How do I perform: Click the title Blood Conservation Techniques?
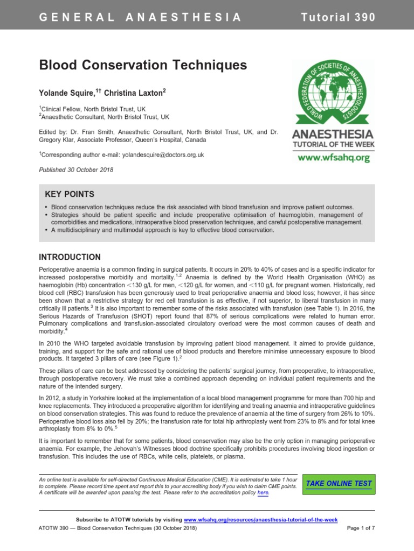[x=143, y=66]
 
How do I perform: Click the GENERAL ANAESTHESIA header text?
[x=140, y=17]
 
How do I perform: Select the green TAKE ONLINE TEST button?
[x=339, y=483]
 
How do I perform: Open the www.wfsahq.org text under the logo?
[x=333, y=158]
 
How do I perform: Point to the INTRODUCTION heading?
[x=70, y=257]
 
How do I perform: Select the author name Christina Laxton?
[x=135, y=93]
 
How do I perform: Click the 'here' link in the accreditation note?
[x=263, y=492]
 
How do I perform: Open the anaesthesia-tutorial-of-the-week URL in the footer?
[x=261, y=519]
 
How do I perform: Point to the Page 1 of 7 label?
[x=360, y=528]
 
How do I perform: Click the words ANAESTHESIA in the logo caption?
[x=332, y=133]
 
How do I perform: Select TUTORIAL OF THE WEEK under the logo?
[x=332, y=145]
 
